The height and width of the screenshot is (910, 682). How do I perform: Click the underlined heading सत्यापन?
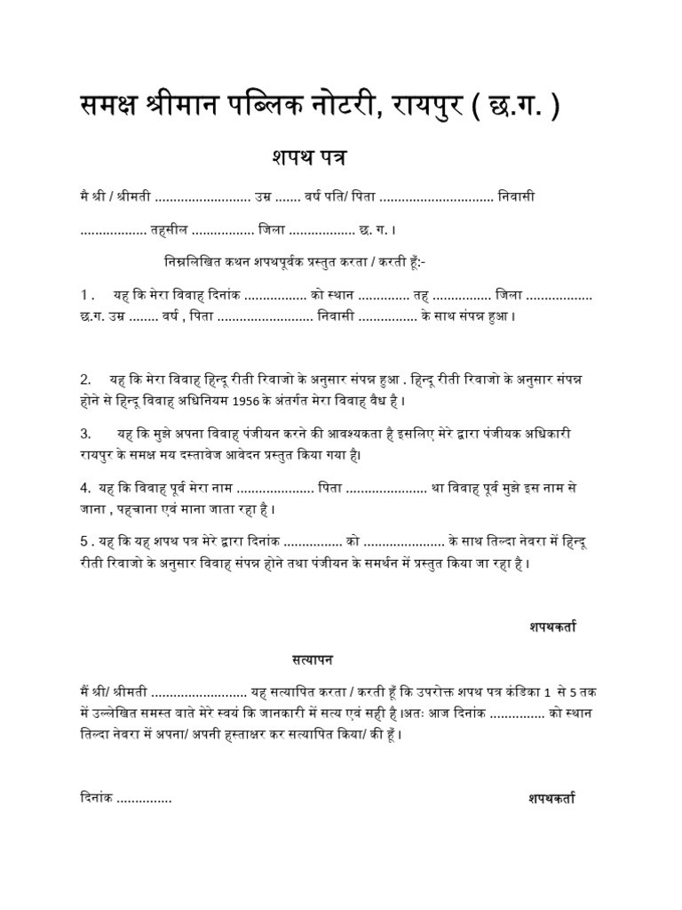coord(313,660)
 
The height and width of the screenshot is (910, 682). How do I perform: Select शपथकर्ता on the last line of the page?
coord(546,799)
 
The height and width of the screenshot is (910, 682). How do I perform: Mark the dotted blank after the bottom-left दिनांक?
coord(144,800)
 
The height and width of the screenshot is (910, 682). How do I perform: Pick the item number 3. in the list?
coord(87,434)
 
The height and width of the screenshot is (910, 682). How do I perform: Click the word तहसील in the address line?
coord(169,229)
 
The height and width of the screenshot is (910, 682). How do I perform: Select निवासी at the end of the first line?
coord(517,195)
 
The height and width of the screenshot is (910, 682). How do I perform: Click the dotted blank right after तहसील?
coord(223,230)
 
